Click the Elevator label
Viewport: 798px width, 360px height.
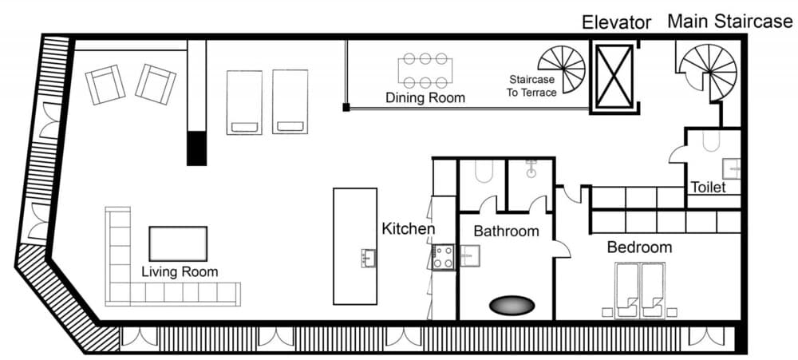[x=616, y=22]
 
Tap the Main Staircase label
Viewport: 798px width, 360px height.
[x=729, y=22]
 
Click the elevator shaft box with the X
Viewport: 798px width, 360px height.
[x=615, y=76]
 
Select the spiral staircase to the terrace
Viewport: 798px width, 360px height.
[x=563, y=69]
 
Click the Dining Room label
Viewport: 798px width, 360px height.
[x=425, y=97]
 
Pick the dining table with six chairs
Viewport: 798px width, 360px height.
[x=425, y=70]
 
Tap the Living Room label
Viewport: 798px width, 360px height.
[x=180, y=271]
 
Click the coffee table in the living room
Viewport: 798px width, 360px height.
[x=178, y=243]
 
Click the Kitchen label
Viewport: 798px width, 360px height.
[x=408, y=229]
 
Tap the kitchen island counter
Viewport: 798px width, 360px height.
[x=354, y=246]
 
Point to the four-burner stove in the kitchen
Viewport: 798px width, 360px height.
[x=444, y=257]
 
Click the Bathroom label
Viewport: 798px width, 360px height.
[x=506, y=231]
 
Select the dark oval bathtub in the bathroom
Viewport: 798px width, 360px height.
[x=511, y=306]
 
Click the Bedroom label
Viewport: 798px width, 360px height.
[x=639, y=247]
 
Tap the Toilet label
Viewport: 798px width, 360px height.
[x=708, y=188]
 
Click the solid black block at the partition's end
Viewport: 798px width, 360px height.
[x=196, y=148]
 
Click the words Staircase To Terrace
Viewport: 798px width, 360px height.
[x=533, y=85]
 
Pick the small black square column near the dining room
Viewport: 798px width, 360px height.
[x=346, y=106]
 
